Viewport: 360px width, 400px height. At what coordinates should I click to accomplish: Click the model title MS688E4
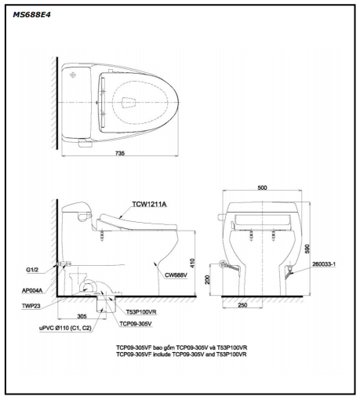click(x=31, y=15)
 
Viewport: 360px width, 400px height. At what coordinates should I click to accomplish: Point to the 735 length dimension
click(x=120, y=154)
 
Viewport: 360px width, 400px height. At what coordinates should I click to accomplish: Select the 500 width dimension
click(x=262, y=187)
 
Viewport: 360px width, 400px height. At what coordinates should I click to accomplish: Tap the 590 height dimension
click(x=307, y=249)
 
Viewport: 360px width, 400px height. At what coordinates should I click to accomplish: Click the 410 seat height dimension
click(x=192, y=263)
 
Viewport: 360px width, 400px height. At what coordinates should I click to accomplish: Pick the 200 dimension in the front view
click(x=207, y=280)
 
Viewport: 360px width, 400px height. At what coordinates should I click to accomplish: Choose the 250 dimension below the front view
click(x=242, y=305)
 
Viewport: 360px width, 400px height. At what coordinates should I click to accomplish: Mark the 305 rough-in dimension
click(x=82, y=316)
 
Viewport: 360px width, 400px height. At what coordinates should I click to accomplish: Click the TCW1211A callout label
click(x=149, y=204)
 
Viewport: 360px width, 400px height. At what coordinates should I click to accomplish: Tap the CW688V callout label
click(x=176, y=275)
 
